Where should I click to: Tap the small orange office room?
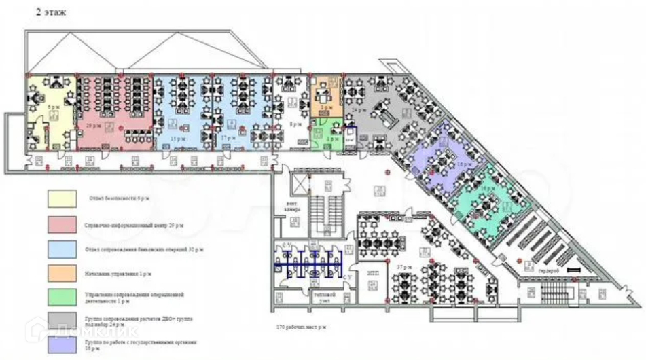click(x=327, y=95)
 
